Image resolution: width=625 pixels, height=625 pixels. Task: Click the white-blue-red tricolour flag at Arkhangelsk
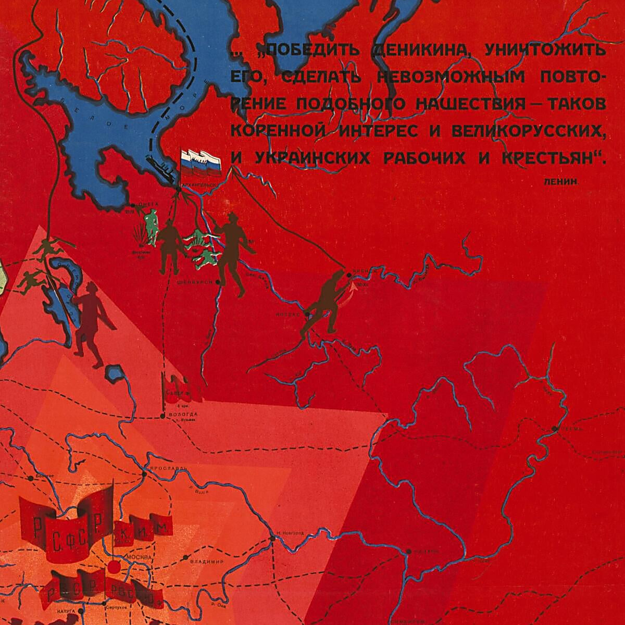click(201, 162)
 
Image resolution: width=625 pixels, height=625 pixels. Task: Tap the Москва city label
click(137, 557)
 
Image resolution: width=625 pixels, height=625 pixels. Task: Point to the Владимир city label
click(207, 562)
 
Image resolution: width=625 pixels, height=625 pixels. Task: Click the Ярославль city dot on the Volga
click(145, 474)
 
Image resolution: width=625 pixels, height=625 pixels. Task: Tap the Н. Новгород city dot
click(272, 537)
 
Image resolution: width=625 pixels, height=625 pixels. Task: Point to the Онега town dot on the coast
click(134, 205)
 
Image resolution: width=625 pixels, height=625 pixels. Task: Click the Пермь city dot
click(555, 429)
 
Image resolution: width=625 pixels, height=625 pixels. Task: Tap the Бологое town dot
click(31, 477)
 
